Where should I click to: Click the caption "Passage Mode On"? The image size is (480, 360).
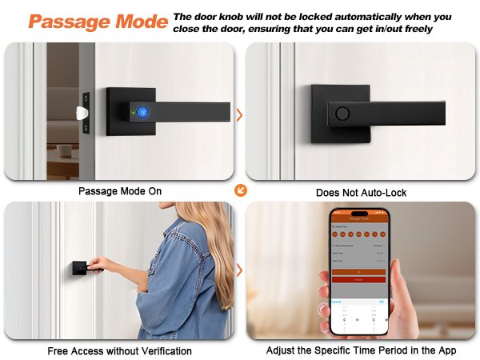(119, 192)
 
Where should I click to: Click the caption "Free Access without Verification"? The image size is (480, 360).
(119, 350)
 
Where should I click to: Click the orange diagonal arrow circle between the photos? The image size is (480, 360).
(239, 190)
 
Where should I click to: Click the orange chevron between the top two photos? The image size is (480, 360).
(239, 115)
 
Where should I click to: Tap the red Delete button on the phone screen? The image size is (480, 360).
(358, 279)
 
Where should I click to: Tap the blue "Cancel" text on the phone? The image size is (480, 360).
(336, 302)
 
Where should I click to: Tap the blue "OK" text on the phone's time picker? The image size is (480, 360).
(382, 302)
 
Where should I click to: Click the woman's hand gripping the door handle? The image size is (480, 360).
(98, 264)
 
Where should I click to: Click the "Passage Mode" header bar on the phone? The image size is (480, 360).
(358, 218)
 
